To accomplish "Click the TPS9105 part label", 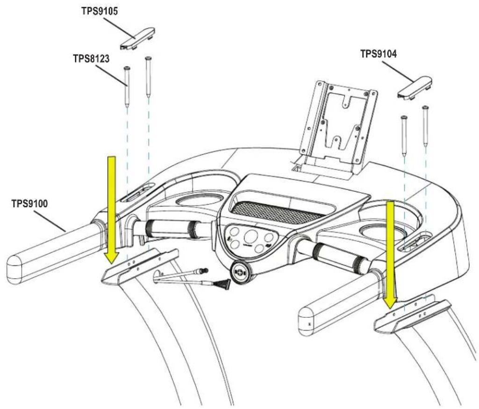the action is click(x=100, y=11).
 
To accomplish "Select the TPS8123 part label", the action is click(x=91, y=58).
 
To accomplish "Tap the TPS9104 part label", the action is click(x=379, y=54).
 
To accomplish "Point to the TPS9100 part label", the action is click(x=29, y=203).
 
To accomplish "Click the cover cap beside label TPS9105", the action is click(x=137, y=39).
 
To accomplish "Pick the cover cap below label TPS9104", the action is click(x=415, y=88).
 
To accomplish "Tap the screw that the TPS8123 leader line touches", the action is click(x=127, y=87).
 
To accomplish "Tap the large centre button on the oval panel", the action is click(x=251, y=237).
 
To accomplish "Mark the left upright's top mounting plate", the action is click(x=139, y=267).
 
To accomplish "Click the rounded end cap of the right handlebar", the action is click(x=306, y=321).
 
